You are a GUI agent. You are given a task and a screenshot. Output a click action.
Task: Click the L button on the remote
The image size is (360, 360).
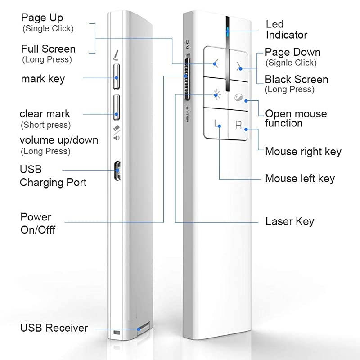[x=218, y=123]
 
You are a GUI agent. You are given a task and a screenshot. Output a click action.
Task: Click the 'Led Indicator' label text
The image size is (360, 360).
[x=286, y=29]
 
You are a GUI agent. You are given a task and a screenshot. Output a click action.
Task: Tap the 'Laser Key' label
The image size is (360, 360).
[x=289, y=221]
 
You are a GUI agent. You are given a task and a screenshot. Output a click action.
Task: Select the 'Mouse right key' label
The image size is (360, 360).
[x=303, y=152]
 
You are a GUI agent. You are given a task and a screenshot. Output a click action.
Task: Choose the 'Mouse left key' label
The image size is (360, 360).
[x=300, y=179]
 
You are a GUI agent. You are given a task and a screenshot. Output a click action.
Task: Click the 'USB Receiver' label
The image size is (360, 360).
[x=54, y=328]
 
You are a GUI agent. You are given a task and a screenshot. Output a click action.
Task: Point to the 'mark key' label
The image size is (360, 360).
[x=43, y=79]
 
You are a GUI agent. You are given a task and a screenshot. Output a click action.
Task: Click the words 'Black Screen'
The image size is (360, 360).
[x=296, y=80]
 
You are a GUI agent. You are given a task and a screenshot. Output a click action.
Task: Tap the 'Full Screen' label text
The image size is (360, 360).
[x=48, y=49]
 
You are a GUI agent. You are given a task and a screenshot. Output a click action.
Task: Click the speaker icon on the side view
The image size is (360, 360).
[x=117, y=138]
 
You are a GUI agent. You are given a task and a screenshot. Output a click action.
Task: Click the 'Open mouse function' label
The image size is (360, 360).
[x=296, y=118]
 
